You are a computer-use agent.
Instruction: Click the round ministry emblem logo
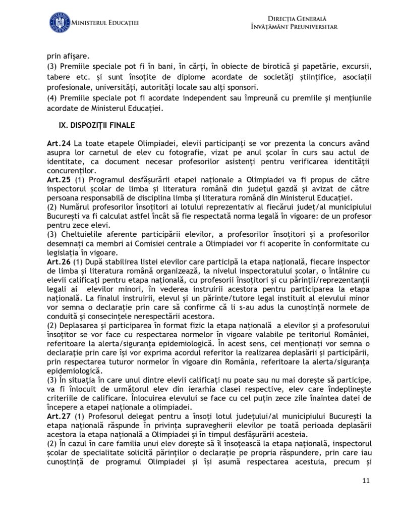coord(59,23)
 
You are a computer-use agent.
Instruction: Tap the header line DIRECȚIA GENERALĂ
coord(294,18)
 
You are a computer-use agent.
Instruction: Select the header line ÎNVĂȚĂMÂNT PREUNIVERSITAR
coord(294,26)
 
